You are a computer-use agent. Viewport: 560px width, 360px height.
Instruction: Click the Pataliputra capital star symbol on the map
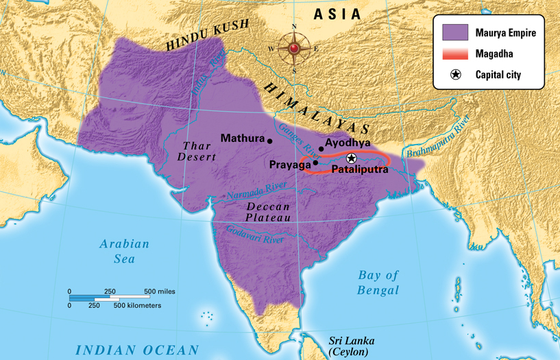tap(352, 158)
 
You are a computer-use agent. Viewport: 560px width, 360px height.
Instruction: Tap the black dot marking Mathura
tap(270, 141)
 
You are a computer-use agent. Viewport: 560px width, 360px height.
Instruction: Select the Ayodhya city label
tap(348, 143)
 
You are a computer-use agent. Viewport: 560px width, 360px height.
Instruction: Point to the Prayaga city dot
tap(315, 164)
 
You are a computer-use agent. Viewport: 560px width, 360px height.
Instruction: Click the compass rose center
tap(294, 49)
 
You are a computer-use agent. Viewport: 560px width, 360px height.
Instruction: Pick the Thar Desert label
tap(197, 151)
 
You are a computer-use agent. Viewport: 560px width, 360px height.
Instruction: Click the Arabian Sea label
tap(124, 251)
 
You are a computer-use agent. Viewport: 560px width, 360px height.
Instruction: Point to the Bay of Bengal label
tap(378, 283)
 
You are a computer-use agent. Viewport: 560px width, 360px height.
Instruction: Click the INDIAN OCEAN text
tap(137, 350)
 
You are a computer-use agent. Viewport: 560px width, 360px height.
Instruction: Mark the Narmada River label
tap(258, 191)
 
